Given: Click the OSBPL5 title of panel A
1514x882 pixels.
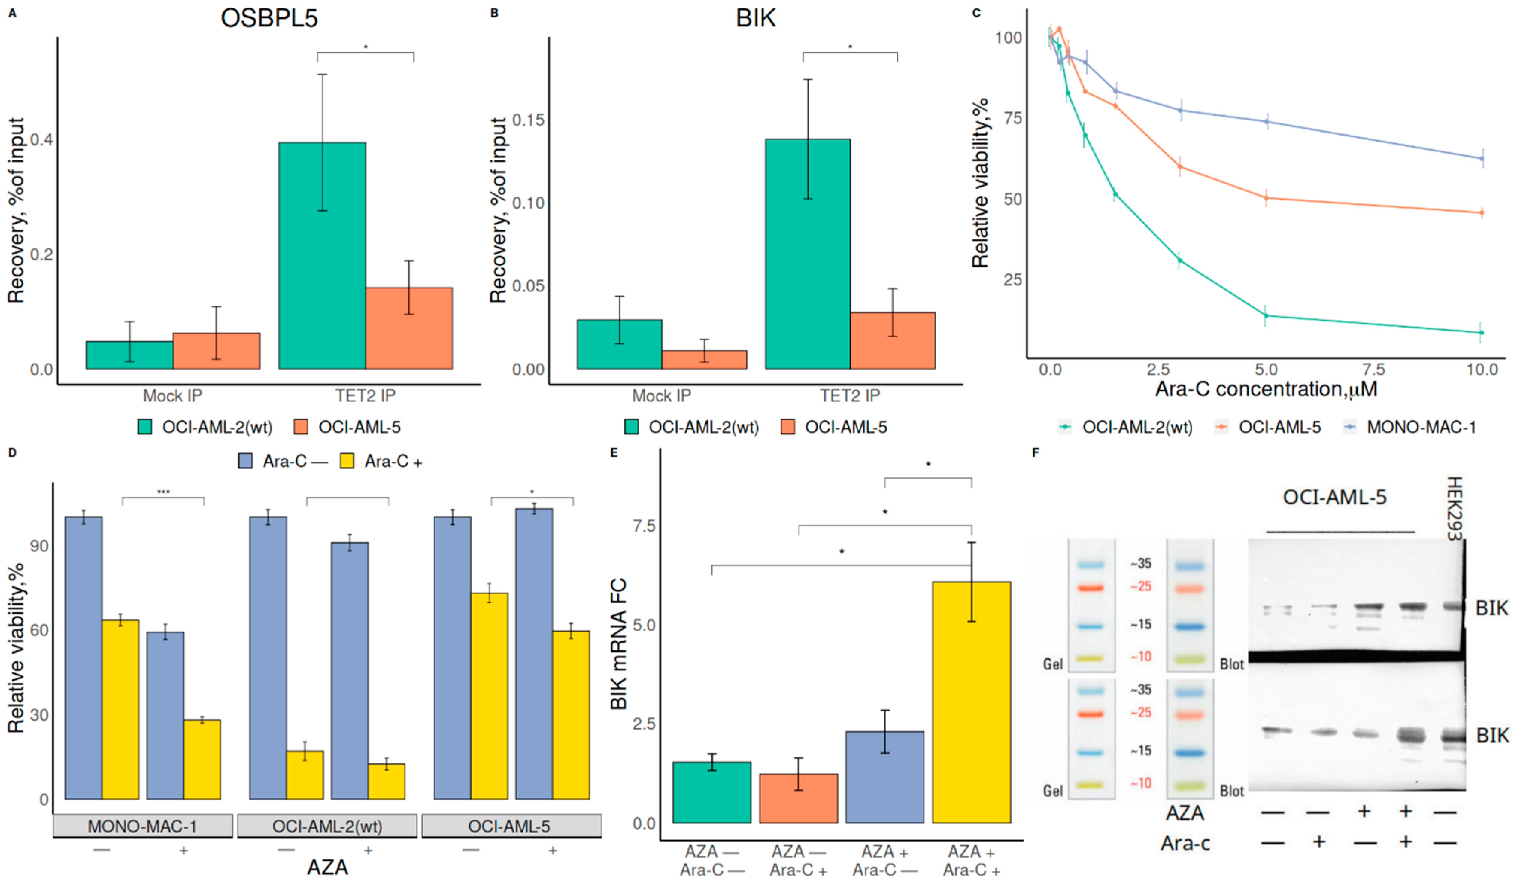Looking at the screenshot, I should pyautogui.click(x=269, y=18).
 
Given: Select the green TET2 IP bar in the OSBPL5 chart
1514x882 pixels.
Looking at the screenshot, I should pyautogui.click(x=322, y=256).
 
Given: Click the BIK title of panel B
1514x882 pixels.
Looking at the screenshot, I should pyautogui.click(x=756, y=18).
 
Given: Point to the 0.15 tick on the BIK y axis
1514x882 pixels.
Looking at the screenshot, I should pyautogui.click(x=529, y=120).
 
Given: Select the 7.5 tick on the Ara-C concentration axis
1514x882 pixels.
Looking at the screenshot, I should pyautogui.click(x=1373, y=369).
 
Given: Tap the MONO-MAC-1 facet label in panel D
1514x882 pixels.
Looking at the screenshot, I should pyautogui.click(x=143, y=826).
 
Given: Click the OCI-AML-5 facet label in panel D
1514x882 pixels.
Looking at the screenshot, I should pyautogui.click(x=510, y=826).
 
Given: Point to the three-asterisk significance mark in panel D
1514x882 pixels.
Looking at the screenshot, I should pyautogui.click(x=164, y=492).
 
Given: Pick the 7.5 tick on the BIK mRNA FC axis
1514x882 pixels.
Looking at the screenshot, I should pyautogui.click(x=644, y=526).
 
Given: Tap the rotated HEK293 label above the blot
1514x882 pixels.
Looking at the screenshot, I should pyautogui.click(x=1454, y=508).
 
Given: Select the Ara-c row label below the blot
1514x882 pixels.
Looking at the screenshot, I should pyautogui.click(x=1185, y=844).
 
